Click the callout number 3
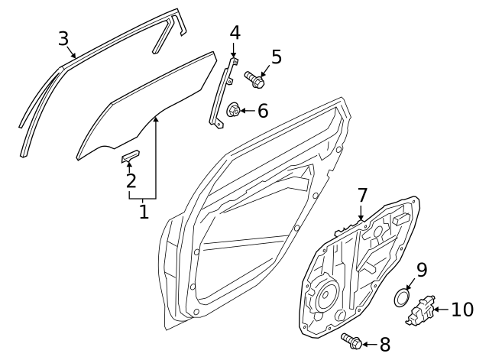(x=63, y=39)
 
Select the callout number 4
(x=235, y=33)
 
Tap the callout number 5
(x=277, y=57)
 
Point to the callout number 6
(x=263, y=111)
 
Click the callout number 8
(x=385, y=345)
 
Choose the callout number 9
(x=421, y=270)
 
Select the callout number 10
(x=462, y=310)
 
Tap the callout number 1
(x=144, y=212)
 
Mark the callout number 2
(x=131, y=180)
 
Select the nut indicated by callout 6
(x=233, y=110)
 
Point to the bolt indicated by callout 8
(x=351, y=341)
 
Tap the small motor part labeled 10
(x=419, y=311)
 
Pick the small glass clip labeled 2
(x=131, y=156)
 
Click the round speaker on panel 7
(x=326, y=294)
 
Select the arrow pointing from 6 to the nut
(x=248, y=111)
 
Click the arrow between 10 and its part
(x=442, y=310)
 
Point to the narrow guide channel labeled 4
(x=222, y=93)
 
